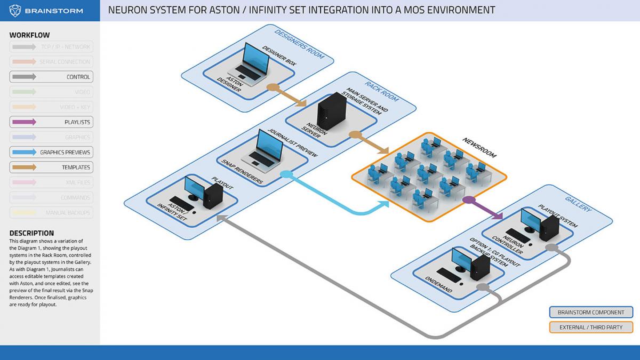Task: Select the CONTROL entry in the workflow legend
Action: (x=51, y=77)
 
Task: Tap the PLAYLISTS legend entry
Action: (x=51, y=122)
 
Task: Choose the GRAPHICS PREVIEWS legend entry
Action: (x=51, y=153)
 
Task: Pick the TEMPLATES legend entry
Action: (x=51, y=167)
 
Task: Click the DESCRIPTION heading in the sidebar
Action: (x=31, y=233)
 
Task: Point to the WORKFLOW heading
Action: (x=29, y=35)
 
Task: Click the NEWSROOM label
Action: (x=479, y=147)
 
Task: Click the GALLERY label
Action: (x=579, y=203)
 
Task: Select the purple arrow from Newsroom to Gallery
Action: (x=485, y=209)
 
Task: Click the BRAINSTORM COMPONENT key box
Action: (x=590, y=312)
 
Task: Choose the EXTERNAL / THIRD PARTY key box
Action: (x=590, y=327)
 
